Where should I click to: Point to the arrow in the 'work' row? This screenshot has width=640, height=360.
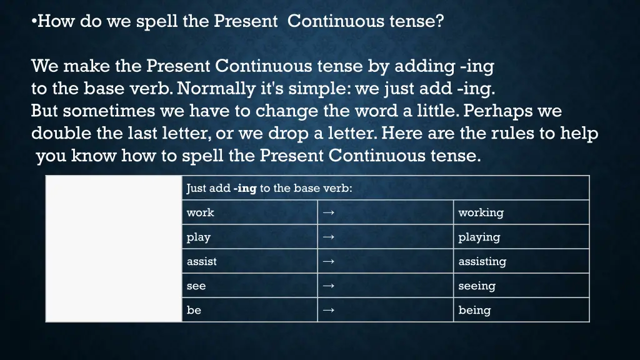329,212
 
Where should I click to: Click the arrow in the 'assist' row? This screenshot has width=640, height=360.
329,261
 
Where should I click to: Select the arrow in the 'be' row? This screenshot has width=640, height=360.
329,310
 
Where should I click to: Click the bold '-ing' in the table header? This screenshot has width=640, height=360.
245,188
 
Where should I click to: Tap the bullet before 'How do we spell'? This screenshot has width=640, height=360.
34,22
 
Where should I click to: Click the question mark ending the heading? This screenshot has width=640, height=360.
440,21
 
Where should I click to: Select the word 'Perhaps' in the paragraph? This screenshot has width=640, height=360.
496,111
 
